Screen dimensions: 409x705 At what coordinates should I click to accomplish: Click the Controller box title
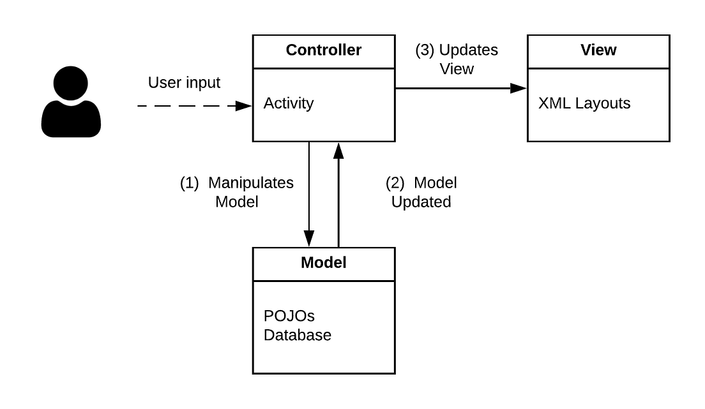point(323,50)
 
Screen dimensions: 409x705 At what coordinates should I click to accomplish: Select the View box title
point(598,50)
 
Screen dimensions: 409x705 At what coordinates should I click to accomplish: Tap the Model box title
point(323,263)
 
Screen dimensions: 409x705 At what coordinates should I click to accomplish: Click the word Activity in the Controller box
point(289,103)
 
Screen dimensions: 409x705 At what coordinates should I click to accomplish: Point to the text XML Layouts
point(584,103)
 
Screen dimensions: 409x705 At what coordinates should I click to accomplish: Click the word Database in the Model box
point(298,335)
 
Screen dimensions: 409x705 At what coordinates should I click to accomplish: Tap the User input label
point(184,83)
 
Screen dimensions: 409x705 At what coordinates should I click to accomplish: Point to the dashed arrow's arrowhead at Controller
point(245,106)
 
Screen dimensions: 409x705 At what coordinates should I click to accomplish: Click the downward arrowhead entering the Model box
point(309,239)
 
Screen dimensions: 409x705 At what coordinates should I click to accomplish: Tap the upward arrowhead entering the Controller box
point(338,150)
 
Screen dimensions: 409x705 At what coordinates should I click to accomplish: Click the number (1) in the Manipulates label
point(190,183)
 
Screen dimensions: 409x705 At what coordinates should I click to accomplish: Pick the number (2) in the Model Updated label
point(395,183)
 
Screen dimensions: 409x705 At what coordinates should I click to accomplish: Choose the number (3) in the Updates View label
point(425,50)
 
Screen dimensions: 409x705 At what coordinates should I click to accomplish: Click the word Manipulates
point(251,183)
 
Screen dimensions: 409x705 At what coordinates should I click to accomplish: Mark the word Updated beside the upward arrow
point(421,202)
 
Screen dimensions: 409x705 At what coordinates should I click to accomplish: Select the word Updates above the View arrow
point(469,50)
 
